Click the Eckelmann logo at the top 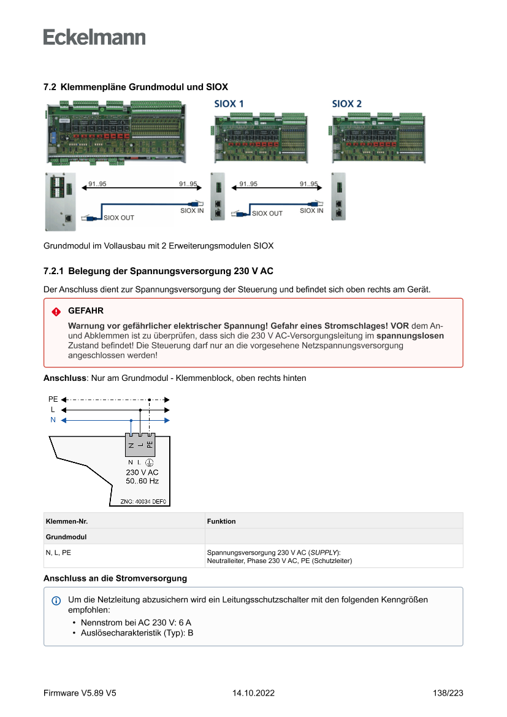pyautogui.click(x=94, y=37)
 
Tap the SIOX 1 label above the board pyautogui.click(x=229, y=104)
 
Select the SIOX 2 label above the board pyautogui.click(x=347, y=104)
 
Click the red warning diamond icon pyautogui.click(x=56, y=312)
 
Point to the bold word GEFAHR pyautogui.click(x=86, y=311)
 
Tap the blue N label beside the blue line pyautogui.click(x=53, y=420)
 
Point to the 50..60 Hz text pyautogui.click(x=142, y=481)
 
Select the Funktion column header pyautogui.click(x=221, y=521)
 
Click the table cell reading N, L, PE pyautogui.click(x=58, y=552)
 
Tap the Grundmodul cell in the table pyautogui.click(x=66, y=537)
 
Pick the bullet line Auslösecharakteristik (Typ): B pyautogui.click(x=137, y=633)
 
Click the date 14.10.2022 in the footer pyautogui.click(x=253, y=693)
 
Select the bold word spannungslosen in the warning pyautogui.click(x=410, y=336)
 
